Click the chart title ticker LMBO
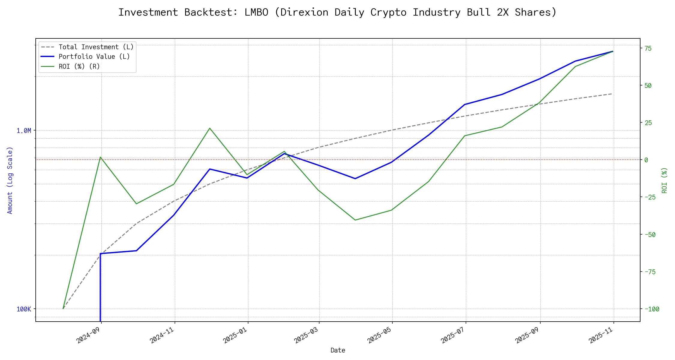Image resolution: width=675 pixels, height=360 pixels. tap(256, 12)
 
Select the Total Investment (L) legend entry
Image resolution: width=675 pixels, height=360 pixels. tap(96, 47)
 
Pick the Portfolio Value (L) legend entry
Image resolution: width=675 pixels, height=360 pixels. tap(94, 57)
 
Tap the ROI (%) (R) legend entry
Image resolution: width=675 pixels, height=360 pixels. tap(79, 66)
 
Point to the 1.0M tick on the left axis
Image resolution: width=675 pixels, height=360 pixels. tap(24, 131)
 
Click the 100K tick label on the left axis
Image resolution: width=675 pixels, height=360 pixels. tap(24, 309)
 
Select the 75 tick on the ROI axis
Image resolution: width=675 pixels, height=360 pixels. tap(648, 48)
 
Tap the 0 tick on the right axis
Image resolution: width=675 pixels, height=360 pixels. tap(646, 160)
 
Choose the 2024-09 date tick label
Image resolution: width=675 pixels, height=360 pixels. tap(88, 335)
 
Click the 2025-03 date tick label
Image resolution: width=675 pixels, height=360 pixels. tap(306, 335)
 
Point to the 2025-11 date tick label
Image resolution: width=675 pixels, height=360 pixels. tap(601, 335)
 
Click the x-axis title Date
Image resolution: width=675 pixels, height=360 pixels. tap(338, 350)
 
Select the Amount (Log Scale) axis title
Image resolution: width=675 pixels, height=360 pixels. tap(10, 180)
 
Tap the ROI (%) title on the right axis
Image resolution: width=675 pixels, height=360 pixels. tap(664, 180)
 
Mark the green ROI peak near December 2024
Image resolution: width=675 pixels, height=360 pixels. tap(210, 128)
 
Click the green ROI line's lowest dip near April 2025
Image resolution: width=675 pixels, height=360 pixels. tap(355, 220)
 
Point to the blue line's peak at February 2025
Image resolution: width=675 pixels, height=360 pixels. tap(284, 154)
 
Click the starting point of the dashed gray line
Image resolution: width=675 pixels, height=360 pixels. tap(63, 309)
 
